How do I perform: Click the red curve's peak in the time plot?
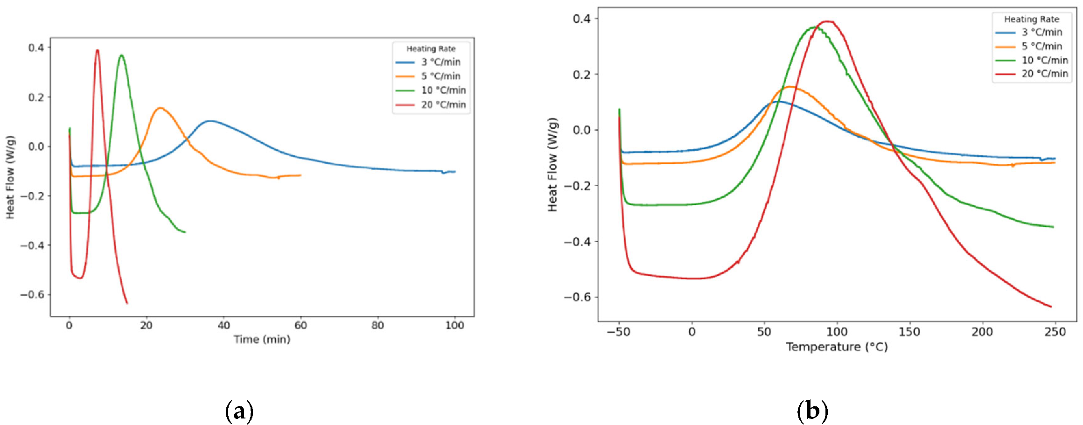tap(97, 50)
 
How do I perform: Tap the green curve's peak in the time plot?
tap(121, 56)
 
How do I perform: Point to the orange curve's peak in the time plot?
tap(160, 108)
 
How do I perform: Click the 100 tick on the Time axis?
tap(454, 325)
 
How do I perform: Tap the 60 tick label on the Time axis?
tap(300, 325)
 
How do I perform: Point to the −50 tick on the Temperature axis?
tap(619, 332)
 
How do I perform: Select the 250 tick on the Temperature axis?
tap(1055, 332)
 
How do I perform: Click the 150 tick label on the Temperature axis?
tap(909, 332)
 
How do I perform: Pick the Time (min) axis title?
tap(262, 340)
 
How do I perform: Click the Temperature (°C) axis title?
tap(837, 347)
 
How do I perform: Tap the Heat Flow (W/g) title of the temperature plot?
tap(552, 165)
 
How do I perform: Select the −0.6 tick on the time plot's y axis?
tap(32, 294)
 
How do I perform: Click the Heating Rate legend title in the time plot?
tap(431, 49)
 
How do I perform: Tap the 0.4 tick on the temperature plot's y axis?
tap(581, 19)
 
